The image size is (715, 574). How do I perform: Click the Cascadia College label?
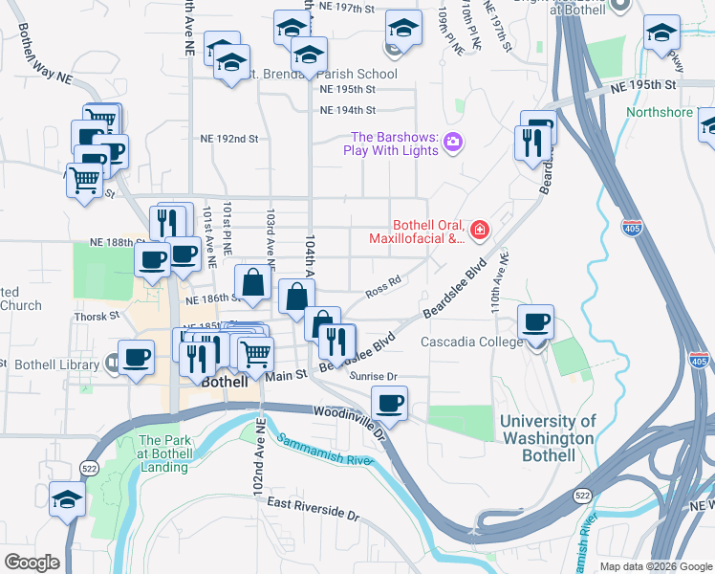471,342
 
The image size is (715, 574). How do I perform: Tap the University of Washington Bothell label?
549,438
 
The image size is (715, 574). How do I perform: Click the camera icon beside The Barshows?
453,143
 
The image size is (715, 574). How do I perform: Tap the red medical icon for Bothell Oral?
478,230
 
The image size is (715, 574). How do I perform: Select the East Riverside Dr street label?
313,508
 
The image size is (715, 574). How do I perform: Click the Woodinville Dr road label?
348,419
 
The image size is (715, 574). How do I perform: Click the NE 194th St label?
347,111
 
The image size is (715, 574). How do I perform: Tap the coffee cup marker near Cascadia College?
535,322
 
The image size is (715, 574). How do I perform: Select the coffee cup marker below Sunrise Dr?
389,403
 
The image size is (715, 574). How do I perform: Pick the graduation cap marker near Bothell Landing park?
67,498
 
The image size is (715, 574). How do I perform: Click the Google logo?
32,563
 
